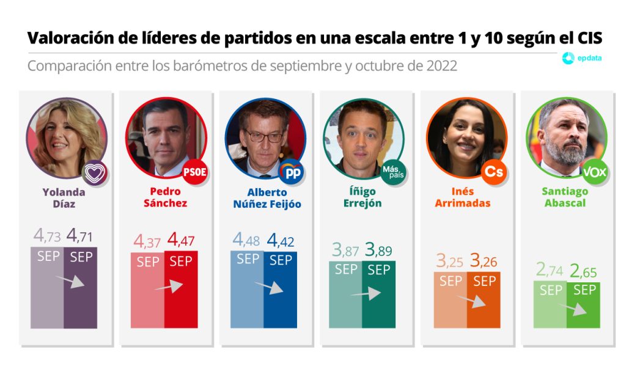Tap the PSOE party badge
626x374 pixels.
pyautogui.click(x=194, y=172)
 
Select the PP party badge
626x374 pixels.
pyautogui.click(x=292, y=172)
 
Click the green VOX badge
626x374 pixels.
pyautogui.click(x=594, y=172)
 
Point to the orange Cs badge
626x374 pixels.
pyautogui.click(x=493, y=172)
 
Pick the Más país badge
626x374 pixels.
pyautogui.click(x=393, y=172)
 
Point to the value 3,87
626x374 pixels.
pyautogui.click(x=345, y=250)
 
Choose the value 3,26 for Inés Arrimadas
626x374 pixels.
pyautogui.click(x=484, y=262)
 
